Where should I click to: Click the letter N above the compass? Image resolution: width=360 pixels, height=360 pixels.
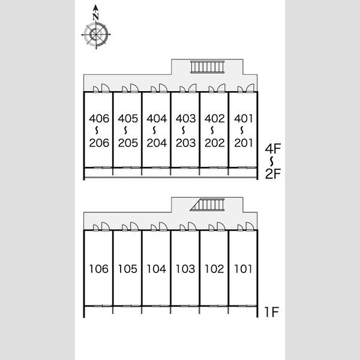[x=96, y=17]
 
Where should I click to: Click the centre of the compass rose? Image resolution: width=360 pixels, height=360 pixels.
[x=96, y=35]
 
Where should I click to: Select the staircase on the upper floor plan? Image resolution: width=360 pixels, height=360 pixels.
[x=207, y=67]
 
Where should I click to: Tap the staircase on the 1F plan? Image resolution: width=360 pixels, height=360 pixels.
[x=207, y=205]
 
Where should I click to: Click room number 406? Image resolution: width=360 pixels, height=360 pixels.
[x=99, y=118]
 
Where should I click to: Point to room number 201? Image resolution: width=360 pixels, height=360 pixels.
[x=243, y=143]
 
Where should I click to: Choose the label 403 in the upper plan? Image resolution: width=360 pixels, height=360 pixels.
[x=185, y=118]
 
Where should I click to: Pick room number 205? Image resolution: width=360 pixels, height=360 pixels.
[x=128, y=143]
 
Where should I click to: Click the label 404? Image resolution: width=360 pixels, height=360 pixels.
[x=157, y=118]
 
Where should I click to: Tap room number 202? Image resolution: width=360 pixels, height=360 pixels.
[x=214, y=143]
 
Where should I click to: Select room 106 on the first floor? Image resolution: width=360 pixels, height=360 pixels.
[x=99, y=269]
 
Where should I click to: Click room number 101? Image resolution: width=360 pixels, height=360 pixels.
[x=243, y=269]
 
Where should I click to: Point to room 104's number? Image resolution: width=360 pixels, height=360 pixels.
[x=157, y=269]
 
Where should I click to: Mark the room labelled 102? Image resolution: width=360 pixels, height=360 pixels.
[x=214, y=269]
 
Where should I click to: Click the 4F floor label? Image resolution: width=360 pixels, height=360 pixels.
[x=273, y=149]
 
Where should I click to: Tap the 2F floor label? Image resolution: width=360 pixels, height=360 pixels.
[x=273, y=173]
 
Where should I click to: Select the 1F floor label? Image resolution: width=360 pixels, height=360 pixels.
[x=272, y=312]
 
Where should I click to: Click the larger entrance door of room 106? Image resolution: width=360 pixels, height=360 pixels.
[x=106, y=226]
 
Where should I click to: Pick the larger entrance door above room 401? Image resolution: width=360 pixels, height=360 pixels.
[x=250, y=88]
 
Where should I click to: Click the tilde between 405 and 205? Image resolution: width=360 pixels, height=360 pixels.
[x=125, y=130]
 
